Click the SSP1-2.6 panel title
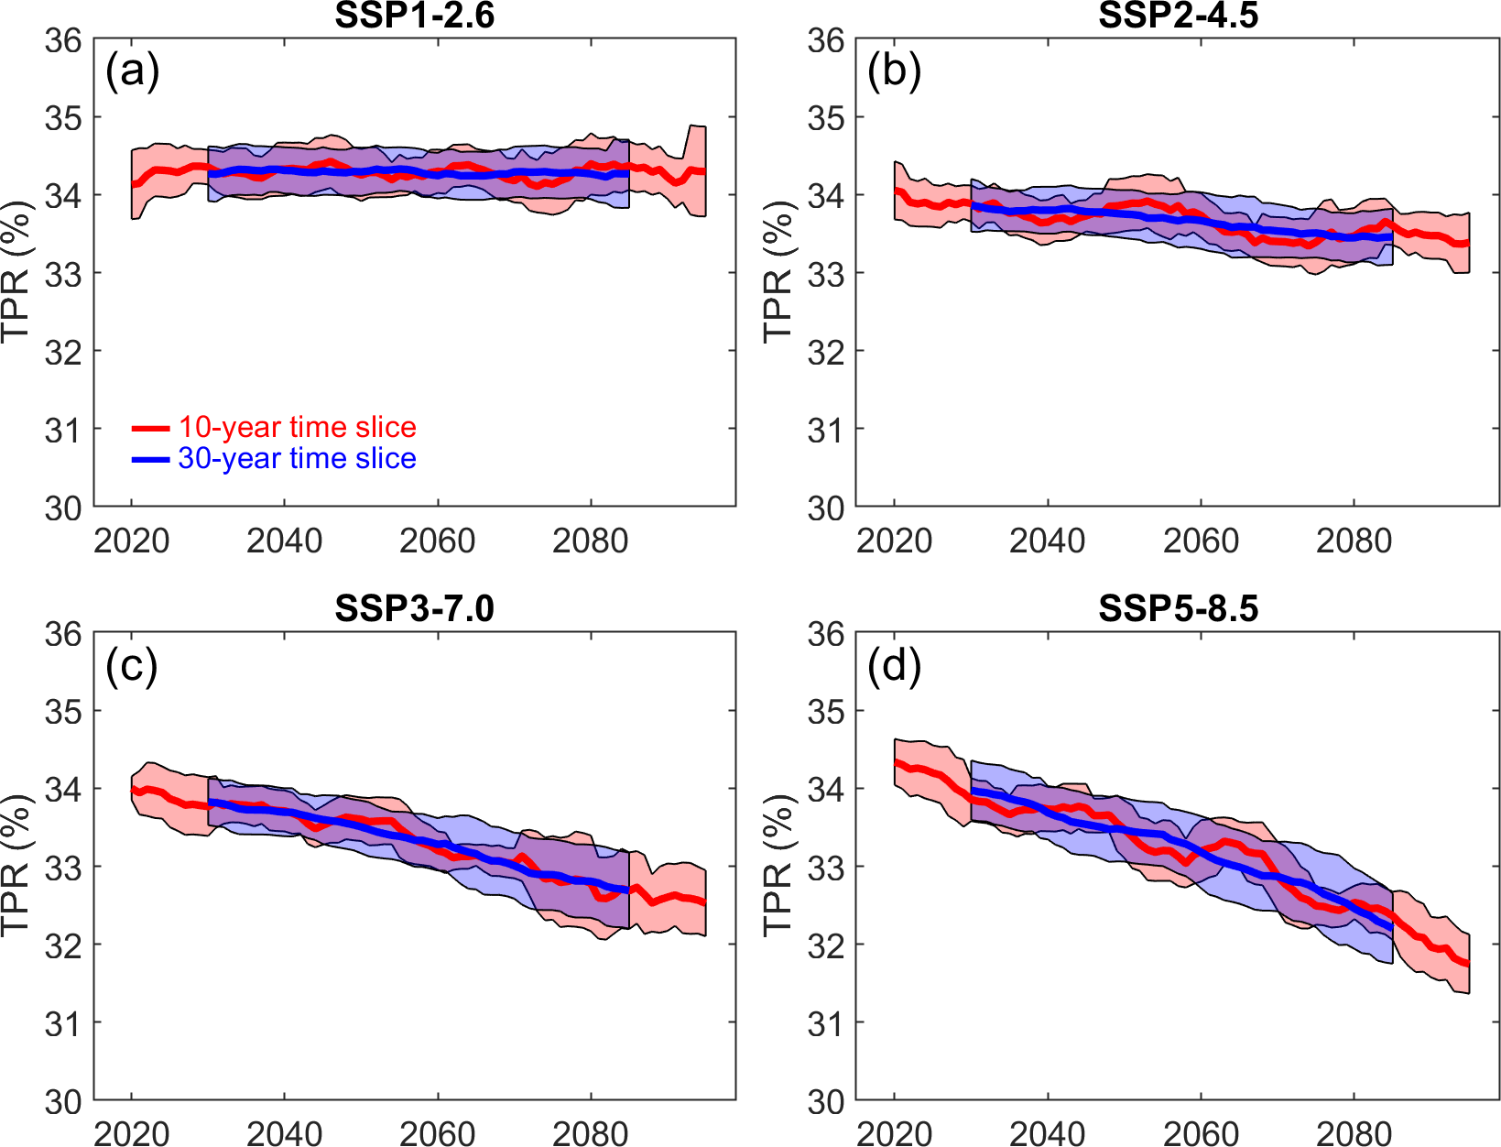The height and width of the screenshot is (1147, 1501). (414, 16)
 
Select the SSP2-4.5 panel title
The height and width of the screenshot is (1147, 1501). (1178, 16)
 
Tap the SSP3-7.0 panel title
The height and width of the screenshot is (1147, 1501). (414, 608)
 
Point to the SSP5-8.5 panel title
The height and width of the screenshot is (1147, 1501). (1178, 608)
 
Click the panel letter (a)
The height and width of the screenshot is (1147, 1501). (132, 71)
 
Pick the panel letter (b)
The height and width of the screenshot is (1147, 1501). (894, 71)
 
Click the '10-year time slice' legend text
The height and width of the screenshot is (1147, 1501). (297, 427)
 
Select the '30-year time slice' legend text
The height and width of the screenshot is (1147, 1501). (297, 458)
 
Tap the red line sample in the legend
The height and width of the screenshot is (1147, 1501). (150, 428)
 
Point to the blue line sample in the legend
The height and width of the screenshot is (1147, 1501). (150, 459)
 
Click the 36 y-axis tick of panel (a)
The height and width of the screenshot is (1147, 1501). (63, 40)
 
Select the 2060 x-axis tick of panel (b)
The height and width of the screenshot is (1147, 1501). (1200, 541)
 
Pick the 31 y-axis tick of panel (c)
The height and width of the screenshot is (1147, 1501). (63, 1023)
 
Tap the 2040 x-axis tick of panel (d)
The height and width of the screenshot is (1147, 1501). (1047, 1134)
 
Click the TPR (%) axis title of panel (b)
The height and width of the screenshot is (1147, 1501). (778, 272)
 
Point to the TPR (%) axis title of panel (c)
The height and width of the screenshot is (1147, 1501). (16, 866)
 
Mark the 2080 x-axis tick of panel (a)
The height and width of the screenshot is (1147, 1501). (590, 541)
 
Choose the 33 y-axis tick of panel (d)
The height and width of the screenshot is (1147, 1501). (825, 867)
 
